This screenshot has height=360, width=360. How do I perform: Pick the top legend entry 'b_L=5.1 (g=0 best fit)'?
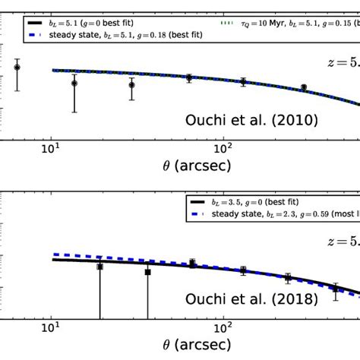[106, 24]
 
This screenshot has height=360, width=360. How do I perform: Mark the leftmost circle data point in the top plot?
[17, 68]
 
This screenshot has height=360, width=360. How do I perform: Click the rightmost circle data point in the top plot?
[304, 87]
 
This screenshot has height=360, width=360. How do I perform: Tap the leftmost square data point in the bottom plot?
[99, 267]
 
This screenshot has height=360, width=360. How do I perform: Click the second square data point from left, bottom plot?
[148, 271]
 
